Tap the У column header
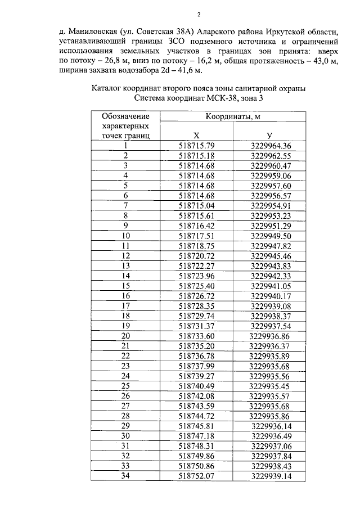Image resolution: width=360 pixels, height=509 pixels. [269, 136]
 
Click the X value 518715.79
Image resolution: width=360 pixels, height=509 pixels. [196, 146]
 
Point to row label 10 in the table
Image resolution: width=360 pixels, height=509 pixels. [125, 236]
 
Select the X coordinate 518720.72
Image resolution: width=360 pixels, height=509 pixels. [196, 255]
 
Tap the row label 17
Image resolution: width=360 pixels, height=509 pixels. [125, 305]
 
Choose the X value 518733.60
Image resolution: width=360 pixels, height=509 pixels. [196, 335]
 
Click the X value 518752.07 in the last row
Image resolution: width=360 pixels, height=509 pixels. [196, 476]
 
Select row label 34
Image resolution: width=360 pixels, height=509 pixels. [125, 476]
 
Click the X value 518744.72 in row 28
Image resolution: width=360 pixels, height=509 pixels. [196, 416]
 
